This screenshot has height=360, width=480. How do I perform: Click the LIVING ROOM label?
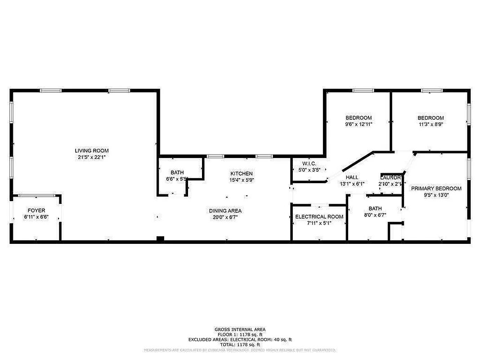click(91, 151)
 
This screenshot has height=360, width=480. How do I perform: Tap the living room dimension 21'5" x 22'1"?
click(91, 157)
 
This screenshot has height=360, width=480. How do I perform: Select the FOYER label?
click(36, 211)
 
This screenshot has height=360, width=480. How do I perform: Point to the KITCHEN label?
click(242, 174)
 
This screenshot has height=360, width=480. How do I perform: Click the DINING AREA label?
click(225, 211)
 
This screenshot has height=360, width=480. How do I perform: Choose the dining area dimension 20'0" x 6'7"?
click(225, 217)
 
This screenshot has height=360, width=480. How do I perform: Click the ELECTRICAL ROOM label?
click(319, 216)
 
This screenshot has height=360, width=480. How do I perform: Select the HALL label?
click(352, 177)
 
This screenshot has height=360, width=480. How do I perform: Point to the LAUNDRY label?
click(390, 177)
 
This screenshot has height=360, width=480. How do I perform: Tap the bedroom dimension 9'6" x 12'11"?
click(359, 124)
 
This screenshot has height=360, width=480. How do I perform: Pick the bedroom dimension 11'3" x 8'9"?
click(431, 124)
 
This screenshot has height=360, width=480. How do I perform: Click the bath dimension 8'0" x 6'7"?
click(375, 215)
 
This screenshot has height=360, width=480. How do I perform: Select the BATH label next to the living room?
click(177, 173)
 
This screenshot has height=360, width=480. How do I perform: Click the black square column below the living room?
click(160, 239)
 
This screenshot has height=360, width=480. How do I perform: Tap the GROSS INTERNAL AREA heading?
click(240, 329)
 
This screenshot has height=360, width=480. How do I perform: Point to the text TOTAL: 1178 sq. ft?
click(240, 344)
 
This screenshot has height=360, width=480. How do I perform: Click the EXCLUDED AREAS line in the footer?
click(240, 339)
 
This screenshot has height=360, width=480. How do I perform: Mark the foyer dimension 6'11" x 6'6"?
click(36, 217)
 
